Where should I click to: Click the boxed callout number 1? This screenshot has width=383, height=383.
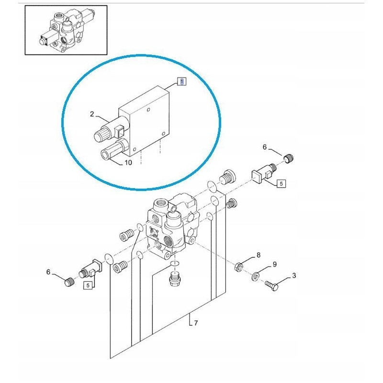pyautogui.click(x=181, y=82)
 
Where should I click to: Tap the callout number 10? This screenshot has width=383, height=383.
pyautogui.click(x=128, y=163)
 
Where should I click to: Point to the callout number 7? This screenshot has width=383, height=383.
pyautogui.click(x=196, y=323)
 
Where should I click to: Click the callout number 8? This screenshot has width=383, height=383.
pyautogui.click(x=259, y=255)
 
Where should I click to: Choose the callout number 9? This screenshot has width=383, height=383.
pyautogui.click(x=274, y=264)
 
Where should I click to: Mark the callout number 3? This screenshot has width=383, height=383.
pyautogui.click(x=293, y=275)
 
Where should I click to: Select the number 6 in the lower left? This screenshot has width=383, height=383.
pyautogui.click(x=48, y=272)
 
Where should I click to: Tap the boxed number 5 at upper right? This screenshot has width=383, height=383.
pyautogui.click(x=281, y=183)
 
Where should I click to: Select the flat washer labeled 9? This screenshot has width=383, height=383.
pyautogui.click(x=256, y=276)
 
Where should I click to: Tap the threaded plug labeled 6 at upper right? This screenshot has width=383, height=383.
pyautogui.click(x=289, y=158)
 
